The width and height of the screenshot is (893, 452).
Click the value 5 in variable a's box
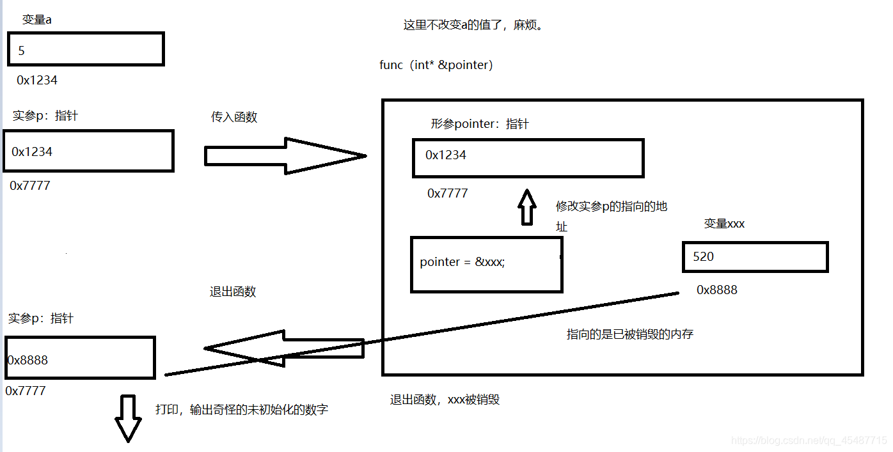(21, 51)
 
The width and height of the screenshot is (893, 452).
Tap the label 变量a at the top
(37, 20)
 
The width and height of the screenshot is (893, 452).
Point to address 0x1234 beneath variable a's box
(37, 81)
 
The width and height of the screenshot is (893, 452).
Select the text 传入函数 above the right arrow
(234, 117)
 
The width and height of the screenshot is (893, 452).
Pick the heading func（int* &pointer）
(436, 65)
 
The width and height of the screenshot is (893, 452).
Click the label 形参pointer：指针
(480, 124)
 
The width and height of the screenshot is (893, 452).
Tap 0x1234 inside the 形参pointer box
(446, 155)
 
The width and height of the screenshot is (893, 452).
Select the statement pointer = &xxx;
(462, 262)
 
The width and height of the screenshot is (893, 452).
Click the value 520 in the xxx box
(703, 256)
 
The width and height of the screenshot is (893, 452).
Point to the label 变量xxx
(724, 224)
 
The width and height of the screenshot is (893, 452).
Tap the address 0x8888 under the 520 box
(716, 290)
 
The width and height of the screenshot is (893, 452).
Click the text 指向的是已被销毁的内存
(630, 334)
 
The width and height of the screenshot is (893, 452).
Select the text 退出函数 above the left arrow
(233, 292)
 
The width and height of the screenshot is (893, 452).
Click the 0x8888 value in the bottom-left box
(28, 360)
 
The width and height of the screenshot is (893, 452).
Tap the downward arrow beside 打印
(127, 418)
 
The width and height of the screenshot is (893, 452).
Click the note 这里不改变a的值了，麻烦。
(473, 26)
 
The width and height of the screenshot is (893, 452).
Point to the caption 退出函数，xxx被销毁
(445, 400)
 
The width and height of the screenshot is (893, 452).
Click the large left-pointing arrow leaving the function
(281, 348)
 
